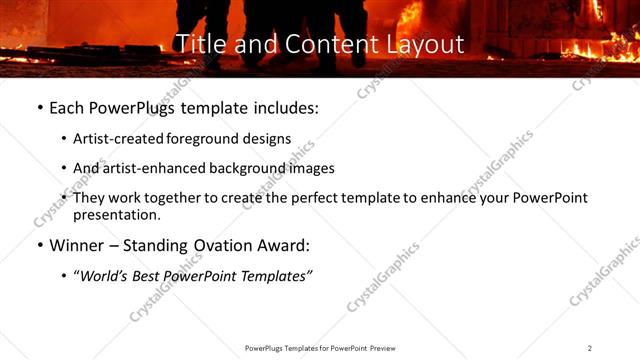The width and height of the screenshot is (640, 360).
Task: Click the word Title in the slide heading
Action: (x=197, y=44)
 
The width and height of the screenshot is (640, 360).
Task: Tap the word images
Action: (x=312, y=169)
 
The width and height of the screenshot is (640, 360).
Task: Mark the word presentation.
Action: (x=116, y=214)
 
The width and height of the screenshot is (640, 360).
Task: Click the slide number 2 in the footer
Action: (x=589, y=348)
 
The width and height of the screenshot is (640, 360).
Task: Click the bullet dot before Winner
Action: (x=38, y=245)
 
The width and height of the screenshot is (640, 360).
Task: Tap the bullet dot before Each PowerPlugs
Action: (x=38, y=108)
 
